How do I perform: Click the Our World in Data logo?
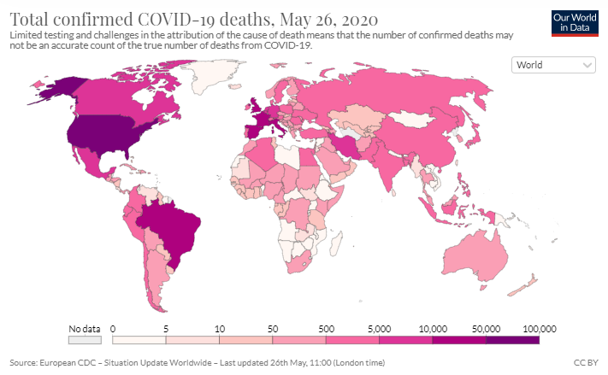pos(574,22)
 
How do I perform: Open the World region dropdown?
pos(553,65)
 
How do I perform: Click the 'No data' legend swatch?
pos(84,340)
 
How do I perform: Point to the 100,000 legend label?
pos(540,328)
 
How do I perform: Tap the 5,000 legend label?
pos(380,328)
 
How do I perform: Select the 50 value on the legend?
pos(273,328)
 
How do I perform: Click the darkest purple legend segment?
pos(513,339)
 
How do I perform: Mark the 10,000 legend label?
pos(434,328)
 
